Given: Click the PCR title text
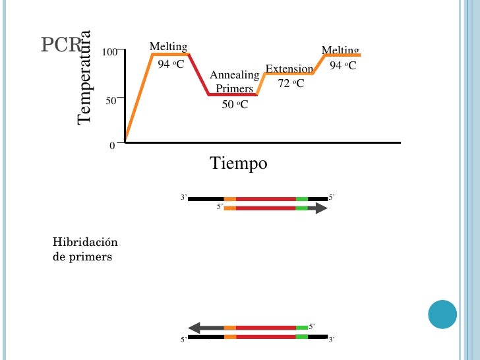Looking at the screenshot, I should (61, 45).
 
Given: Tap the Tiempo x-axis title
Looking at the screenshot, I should (239, 163).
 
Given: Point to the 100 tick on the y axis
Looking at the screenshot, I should (109, 52).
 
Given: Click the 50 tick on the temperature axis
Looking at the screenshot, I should (110, 101).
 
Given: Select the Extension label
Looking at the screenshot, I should (289, 69).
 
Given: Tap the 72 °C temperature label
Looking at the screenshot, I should (291, 83).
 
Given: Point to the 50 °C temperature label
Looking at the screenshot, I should (235, 104).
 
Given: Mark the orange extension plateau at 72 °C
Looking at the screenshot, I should (289, 74).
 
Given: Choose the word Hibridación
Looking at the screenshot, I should (80, 243).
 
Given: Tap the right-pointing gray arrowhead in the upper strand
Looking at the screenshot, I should (320, 208).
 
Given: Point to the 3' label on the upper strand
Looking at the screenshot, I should (184, 197).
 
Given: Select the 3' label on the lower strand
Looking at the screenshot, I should (332, 340).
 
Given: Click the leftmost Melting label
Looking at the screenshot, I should (168, 46).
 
